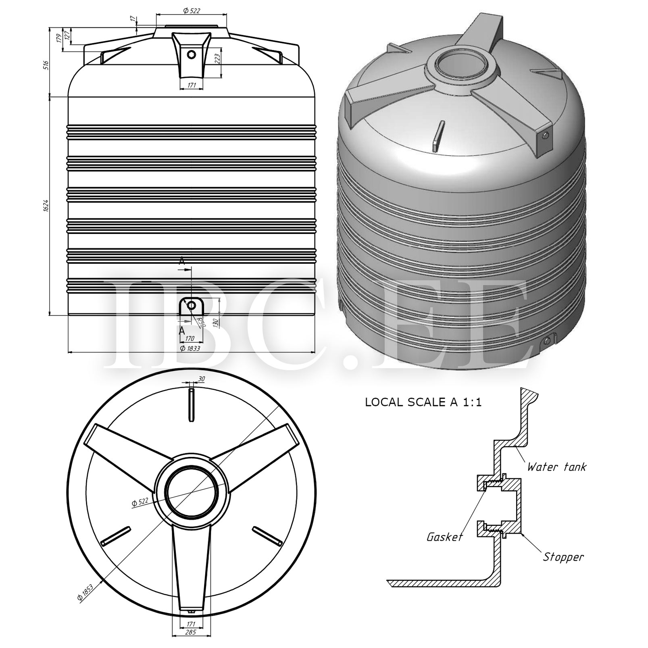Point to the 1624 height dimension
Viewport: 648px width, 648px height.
click(x=46, y=206)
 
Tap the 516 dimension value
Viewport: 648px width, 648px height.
click(x=46, y=65)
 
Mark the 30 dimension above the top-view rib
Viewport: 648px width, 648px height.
click(x=201, y=379)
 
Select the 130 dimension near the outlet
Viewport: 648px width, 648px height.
click(x=215, y=322)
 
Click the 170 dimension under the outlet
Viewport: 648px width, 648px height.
click(x=190, y=338)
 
